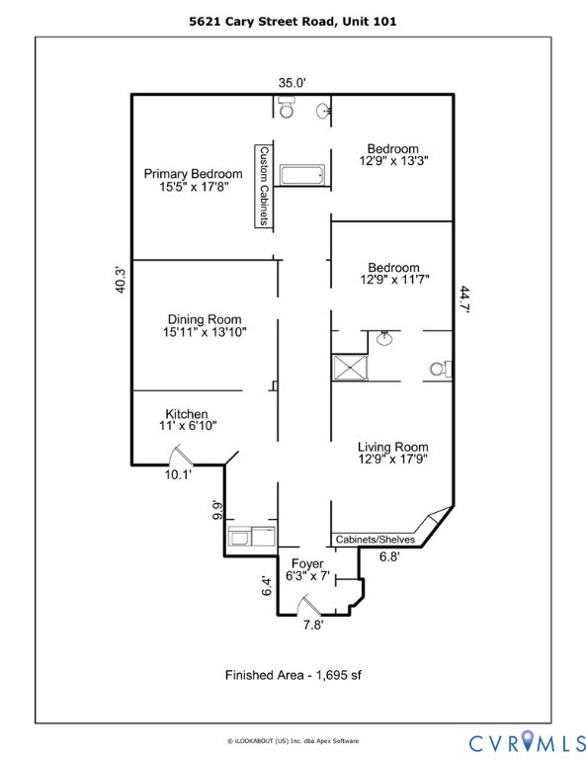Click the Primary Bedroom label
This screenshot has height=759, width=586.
click(193, 174)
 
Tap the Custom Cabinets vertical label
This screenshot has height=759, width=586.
click(264, 187)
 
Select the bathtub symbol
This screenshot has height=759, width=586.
click(301, 176)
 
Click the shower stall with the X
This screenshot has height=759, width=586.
click(351, 367)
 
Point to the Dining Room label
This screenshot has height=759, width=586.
click(205, 319)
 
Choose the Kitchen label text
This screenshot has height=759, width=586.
click(187, 413)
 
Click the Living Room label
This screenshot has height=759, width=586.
click(392, 446)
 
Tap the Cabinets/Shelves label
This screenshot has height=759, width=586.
click(375, 540)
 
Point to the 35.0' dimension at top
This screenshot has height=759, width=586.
click(293, 83)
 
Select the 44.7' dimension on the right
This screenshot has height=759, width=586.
click(464, 299)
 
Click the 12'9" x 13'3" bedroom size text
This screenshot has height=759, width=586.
click(393, 158)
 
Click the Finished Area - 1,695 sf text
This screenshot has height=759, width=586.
click(293, 675)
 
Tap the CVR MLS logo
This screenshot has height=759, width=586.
click(525, 739)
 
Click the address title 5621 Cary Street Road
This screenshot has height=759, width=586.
click(293, 19)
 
